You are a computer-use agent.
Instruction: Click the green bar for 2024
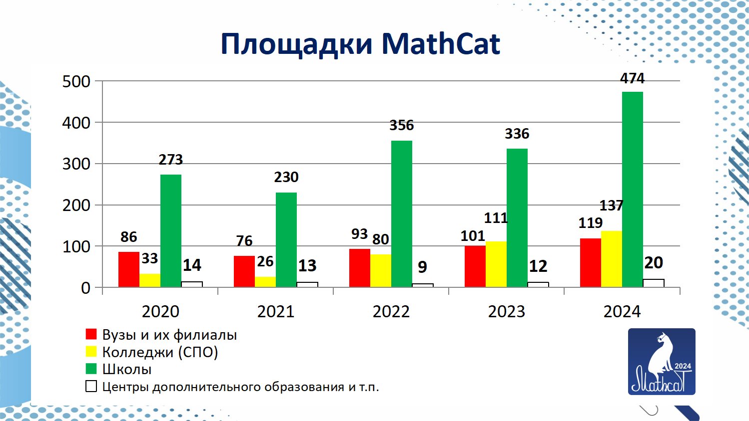click(632, 190)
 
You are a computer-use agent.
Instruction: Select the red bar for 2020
click(128, 269)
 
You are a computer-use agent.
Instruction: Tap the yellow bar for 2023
click(496, 264)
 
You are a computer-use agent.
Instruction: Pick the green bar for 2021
click(286, 239)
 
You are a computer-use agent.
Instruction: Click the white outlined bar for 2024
click(653, 283)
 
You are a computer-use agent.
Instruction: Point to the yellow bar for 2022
click(380, 271)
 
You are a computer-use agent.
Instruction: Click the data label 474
click(632, 78)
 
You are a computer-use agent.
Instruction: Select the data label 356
click(402, 125)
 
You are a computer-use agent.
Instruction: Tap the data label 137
click(611, 206)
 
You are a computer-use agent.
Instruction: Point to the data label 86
click(128, 237)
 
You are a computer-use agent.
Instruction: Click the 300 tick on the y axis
click(76, 164)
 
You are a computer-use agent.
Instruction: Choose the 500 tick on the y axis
click(76, 81)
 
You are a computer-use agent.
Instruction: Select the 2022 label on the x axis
click(391, 311)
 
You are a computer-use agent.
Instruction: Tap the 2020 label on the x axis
click(160, 311)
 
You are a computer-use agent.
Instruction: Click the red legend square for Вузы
click(91, 334)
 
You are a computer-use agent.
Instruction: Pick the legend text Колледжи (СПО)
click(160, 352)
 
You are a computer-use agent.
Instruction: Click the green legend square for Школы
click(91, 369)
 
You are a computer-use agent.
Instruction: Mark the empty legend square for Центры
click(91, 387)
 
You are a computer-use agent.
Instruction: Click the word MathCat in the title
click(441, 44)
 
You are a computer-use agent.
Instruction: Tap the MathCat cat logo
click(662, 362)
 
